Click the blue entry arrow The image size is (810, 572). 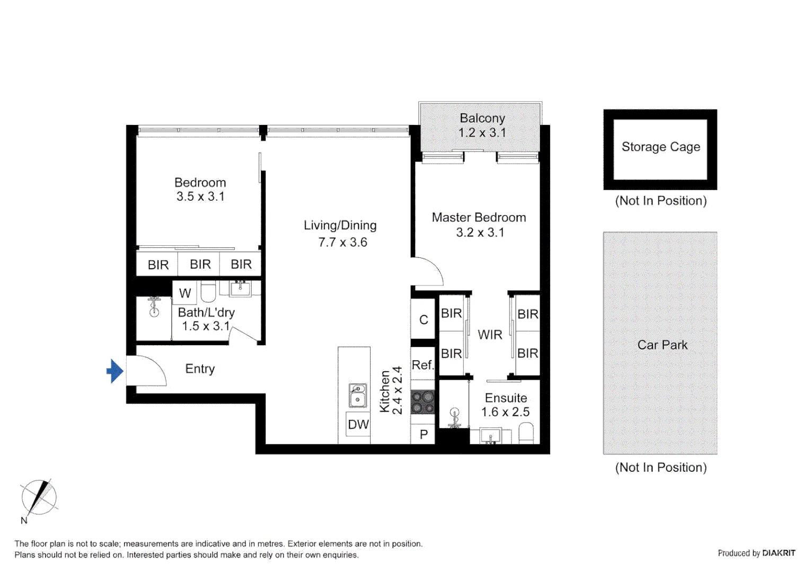[115, 371]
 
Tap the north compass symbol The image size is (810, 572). [39, 497]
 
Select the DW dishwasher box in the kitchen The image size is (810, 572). [358, 424]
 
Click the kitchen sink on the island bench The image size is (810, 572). [358, 396]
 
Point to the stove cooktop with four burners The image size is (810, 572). [423, 401]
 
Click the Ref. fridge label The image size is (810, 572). [422, 365]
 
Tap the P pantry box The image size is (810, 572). [424, 435]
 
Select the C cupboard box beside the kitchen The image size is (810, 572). [424, 319]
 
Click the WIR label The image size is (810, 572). [490, 335]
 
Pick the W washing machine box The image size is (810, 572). [185, 293]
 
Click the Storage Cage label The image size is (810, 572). [661, 147]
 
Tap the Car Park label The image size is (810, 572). [662, 345]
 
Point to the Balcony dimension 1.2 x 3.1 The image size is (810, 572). [482, 132]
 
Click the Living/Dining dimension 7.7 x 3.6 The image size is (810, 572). [342, 242]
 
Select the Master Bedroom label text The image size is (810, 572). [479, 217]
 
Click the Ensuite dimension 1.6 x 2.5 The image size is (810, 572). [505, 412]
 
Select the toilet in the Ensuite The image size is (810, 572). [526, 434]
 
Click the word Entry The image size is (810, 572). [200, 369]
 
